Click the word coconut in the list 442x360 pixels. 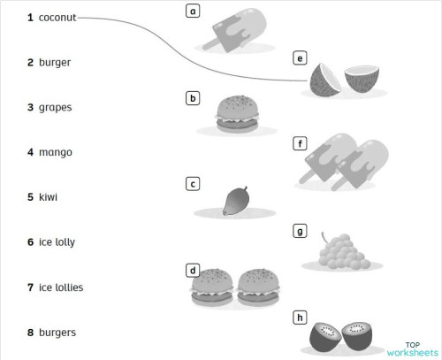57,18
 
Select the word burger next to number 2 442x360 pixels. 55,63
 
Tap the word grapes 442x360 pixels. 55,108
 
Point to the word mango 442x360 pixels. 55,152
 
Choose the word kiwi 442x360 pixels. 48,197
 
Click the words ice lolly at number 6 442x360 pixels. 59,241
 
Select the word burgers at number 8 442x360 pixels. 57,333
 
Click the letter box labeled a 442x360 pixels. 193,11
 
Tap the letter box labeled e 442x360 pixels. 301,58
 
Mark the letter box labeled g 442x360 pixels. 301,232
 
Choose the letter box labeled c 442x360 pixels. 193,184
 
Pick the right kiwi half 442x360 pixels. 363,337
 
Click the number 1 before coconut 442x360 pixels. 30,18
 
